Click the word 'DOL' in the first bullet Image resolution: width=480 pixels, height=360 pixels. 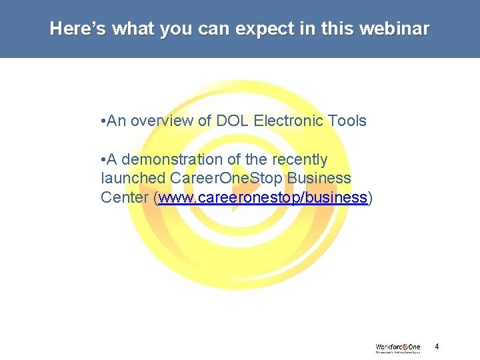(x=229, y=121)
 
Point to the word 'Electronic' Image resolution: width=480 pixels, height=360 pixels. (x=287, y=121)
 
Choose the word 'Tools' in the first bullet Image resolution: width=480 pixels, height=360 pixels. (x=347, y=121)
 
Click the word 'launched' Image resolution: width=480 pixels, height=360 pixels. (x=133, y=179)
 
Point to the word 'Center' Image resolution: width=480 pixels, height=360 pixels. (x=125, y=198)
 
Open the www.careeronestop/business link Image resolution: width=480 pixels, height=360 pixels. (x=263, y=198)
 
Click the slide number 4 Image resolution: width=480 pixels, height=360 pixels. (x=437, y=347)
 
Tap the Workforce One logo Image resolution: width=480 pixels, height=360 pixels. (x=397, y=347)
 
